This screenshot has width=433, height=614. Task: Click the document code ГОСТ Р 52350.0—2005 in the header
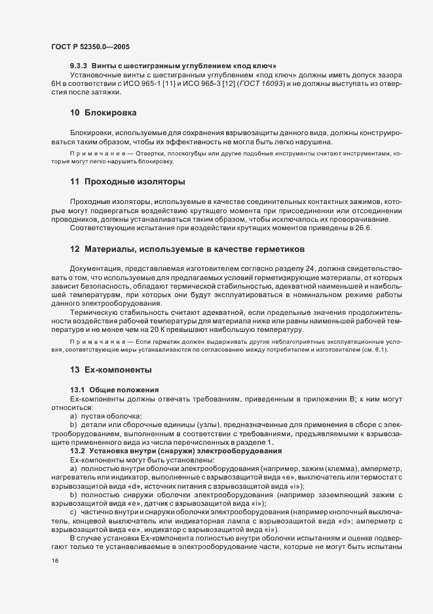tap(81, 47)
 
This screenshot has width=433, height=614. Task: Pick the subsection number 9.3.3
tap(79, 66)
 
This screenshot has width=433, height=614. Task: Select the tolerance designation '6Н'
tap(56, 85)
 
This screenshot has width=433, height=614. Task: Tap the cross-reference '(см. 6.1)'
tap(374, 350)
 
